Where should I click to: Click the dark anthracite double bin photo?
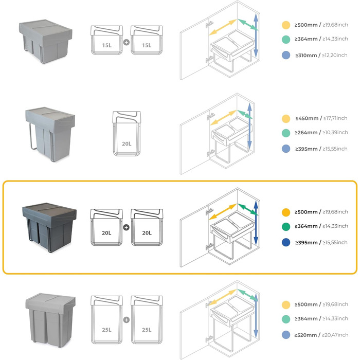coord(49,227)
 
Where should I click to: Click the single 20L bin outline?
coord(127,134)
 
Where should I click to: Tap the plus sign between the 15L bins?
coord(127,42)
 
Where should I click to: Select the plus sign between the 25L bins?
coord(127,320)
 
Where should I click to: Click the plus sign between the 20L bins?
coord(127,227)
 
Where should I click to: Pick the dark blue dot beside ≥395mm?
coord(286,242)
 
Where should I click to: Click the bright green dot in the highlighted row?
coord(286,226)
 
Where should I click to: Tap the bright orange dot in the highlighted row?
coord(286,212)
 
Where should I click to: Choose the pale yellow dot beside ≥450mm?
coord(286,119)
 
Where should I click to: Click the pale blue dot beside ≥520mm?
coord(286,335)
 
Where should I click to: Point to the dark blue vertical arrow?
coord(256,223)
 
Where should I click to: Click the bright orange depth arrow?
coord(223,211)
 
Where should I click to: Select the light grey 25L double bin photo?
coord(50,320)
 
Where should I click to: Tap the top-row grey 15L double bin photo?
coord(45,41)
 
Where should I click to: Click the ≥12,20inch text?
coord(335,56)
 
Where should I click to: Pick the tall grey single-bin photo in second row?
coord(50,134)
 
